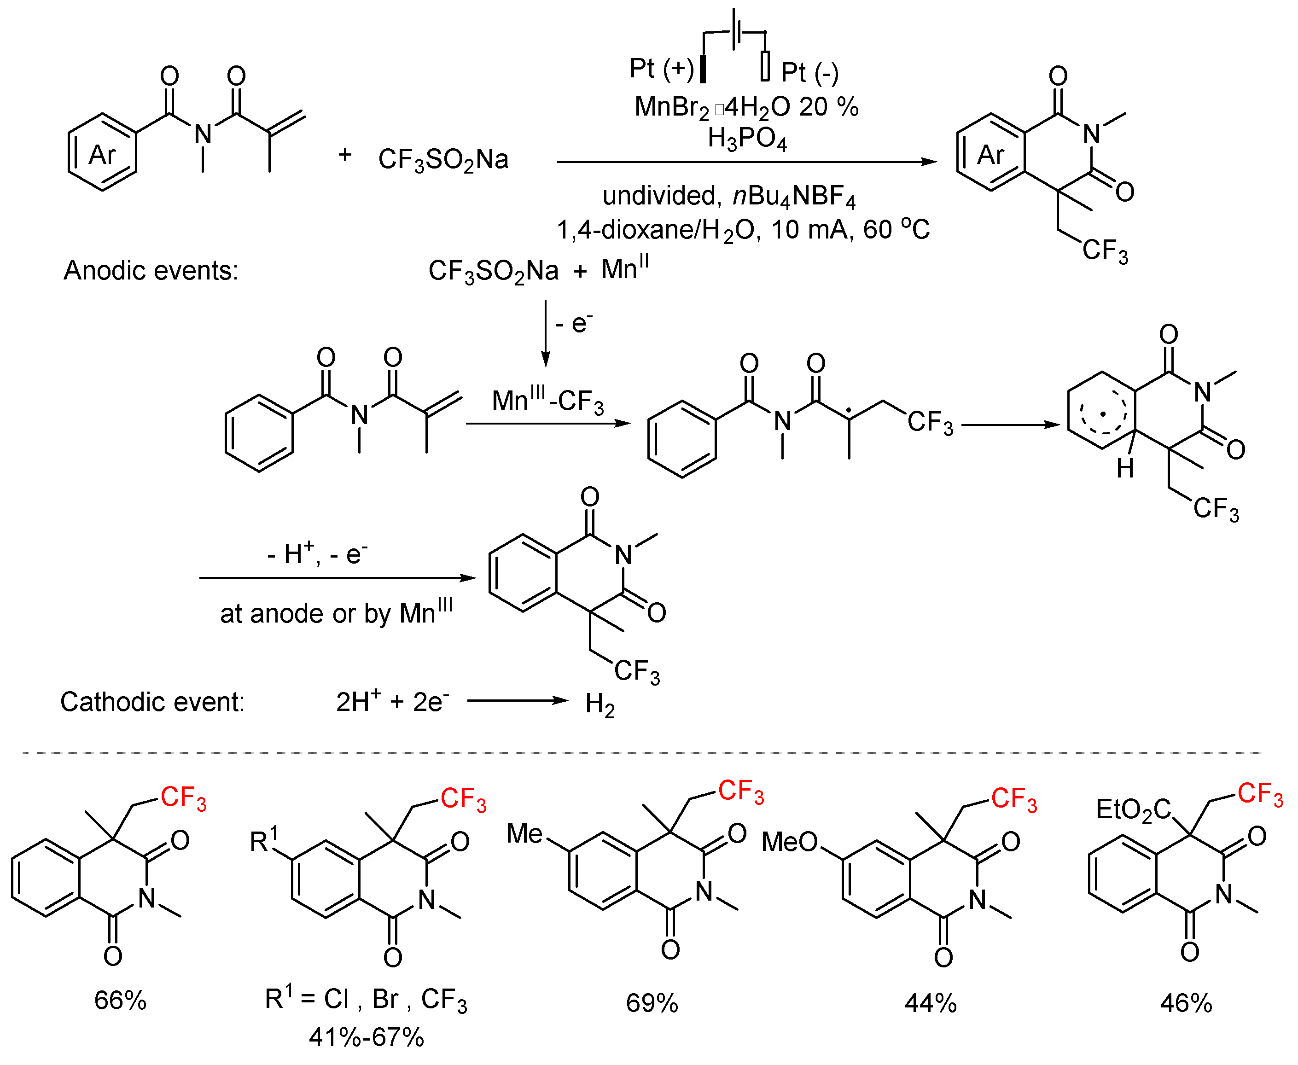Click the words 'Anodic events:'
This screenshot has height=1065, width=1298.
pos(151,271)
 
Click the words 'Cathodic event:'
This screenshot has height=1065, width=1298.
pos(152,702)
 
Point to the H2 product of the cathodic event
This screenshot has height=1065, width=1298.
pos(600,704)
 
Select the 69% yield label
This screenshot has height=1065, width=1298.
pos(652,1003)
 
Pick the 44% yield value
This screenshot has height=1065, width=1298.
pos(931,1003)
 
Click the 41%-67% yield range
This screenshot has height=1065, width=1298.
pos(366,1037)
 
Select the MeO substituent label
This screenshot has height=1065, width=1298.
pos(790,842)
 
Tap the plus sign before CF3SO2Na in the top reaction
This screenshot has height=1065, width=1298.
pos(345,155)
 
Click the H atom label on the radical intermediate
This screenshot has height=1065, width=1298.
pos(1125,468)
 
